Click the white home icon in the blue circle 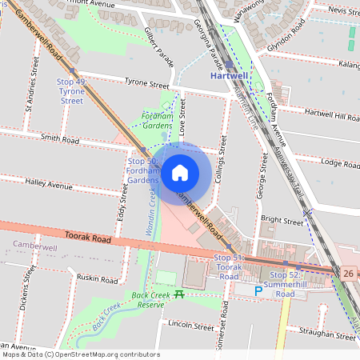(180, 173)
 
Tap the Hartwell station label (230, 76)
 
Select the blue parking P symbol (258, 291)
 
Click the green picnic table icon (179, 294)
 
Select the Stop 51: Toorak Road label (228, 266)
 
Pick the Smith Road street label (60, 139)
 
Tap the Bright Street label (282, 218)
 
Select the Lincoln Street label (191, 326)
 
